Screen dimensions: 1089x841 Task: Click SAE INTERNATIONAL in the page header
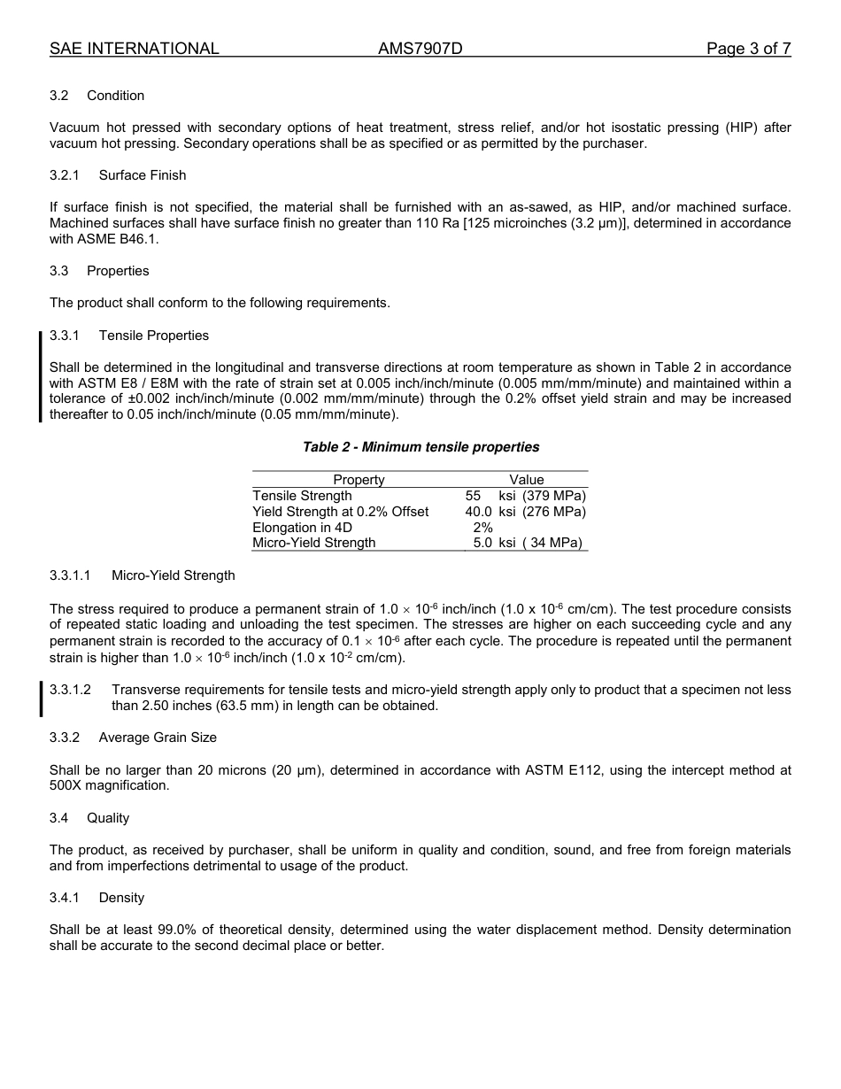pyautogui.click(x=134, y=49)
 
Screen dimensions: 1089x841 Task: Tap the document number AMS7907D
pyautogui.click(x=420, y=49)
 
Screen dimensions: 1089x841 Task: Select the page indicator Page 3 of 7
pyautogui.click(x=748, y=49)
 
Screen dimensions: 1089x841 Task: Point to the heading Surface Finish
pyautogui.click(x=143, y=175)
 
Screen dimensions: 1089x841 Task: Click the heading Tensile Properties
pyautogui.click(x=154, y=336)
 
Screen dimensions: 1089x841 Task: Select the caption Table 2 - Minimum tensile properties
pyautogui.click(x=420, y=447)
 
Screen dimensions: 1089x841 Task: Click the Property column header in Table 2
pyautogui.click(x=359, y=480)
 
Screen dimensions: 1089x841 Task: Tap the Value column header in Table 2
pyautogui.click(x=526, y=480)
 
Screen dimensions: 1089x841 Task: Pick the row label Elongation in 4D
pyautogui.click(x=302, y=528)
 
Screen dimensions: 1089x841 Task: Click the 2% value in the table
pyautogui.click(x=482, y=528)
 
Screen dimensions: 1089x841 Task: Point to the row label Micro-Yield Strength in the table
pyautogui.click(x=313, y=543)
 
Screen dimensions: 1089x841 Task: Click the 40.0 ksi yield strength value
pyautogui.click(x=490, y=512)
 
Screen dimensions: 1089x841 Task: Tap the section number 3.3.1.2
pyautogui.click(x=70, y=690)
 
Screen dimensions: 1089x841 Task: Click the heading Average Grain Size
pyautogui.click(x=158, y=738)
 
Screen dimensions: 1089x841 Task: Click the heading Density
pyautogui.click(x=121, y=898)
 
